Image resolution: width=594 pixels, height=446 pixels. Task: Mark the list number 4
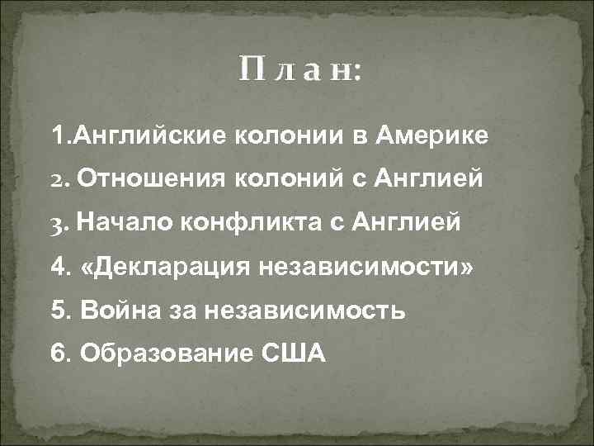tap(57, 267)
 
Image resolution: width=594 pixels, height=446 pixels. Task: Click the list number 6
tap(57, 354)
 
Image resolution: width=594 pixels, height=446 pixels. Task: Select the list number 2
tap(57, 178)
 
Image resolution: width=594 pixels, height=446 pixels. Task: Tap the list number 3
tap(56, 223)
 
